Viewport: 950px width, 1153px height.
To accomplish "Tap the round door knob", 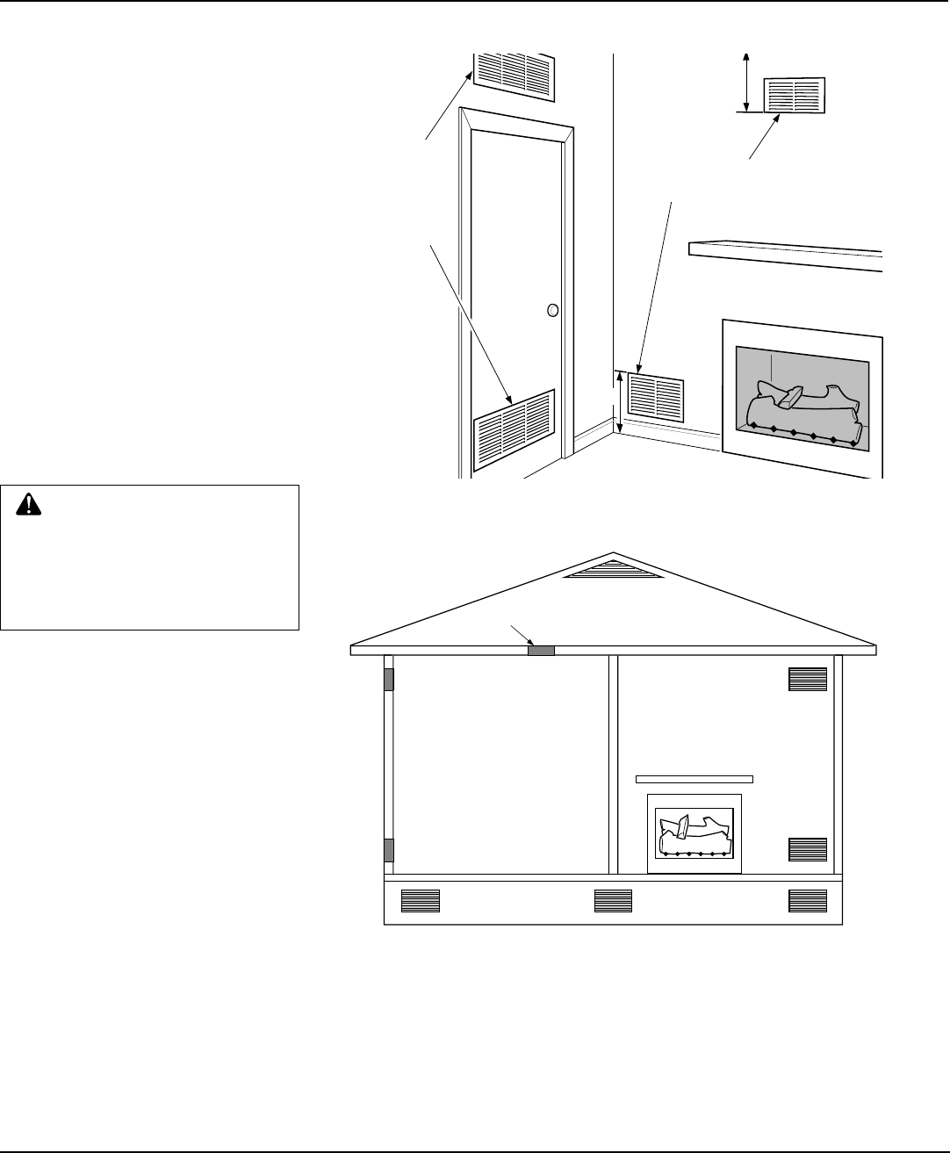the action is [x=552, y=309].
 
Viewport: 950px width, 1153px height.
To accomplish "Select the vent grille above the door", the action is [x=515, y=74].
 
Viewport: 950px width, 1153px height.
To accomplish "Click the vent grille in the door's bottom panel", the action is [x=515, y=429].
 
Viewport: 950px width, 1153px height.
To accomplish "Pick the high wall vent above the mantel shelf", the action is [x=795, y=95].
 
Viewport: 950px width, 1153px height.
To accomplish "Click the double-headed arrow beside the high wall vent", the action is [x=746, y=82].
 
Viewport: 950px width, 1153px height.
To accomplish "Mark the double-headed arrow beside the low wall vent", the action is [x=621, y=401].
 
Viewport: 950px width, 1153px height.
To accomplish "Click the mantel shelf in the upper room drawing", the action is [x=785, y=256].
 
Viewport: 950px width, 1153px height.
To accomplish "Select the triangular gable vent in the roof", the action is [x=614, y=571].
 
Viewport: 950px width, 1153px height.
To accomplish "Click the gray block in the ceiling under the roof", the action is [x=541, y=651].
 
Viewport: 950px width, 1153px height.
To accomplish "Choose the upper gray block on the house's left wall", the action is [x=389, y=679].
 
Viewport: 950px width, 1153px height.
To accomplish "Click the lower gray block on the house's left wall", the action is [x=389, y=850].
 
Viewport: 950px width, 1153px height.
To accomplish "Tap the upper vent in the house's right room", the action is [x=808, y=679].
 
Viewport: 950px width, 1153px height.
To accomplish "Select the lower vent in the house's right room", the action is [x=808, y=849].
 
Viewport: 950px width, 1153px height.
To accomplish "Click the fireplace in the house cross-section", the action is [x=694, y=833].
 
